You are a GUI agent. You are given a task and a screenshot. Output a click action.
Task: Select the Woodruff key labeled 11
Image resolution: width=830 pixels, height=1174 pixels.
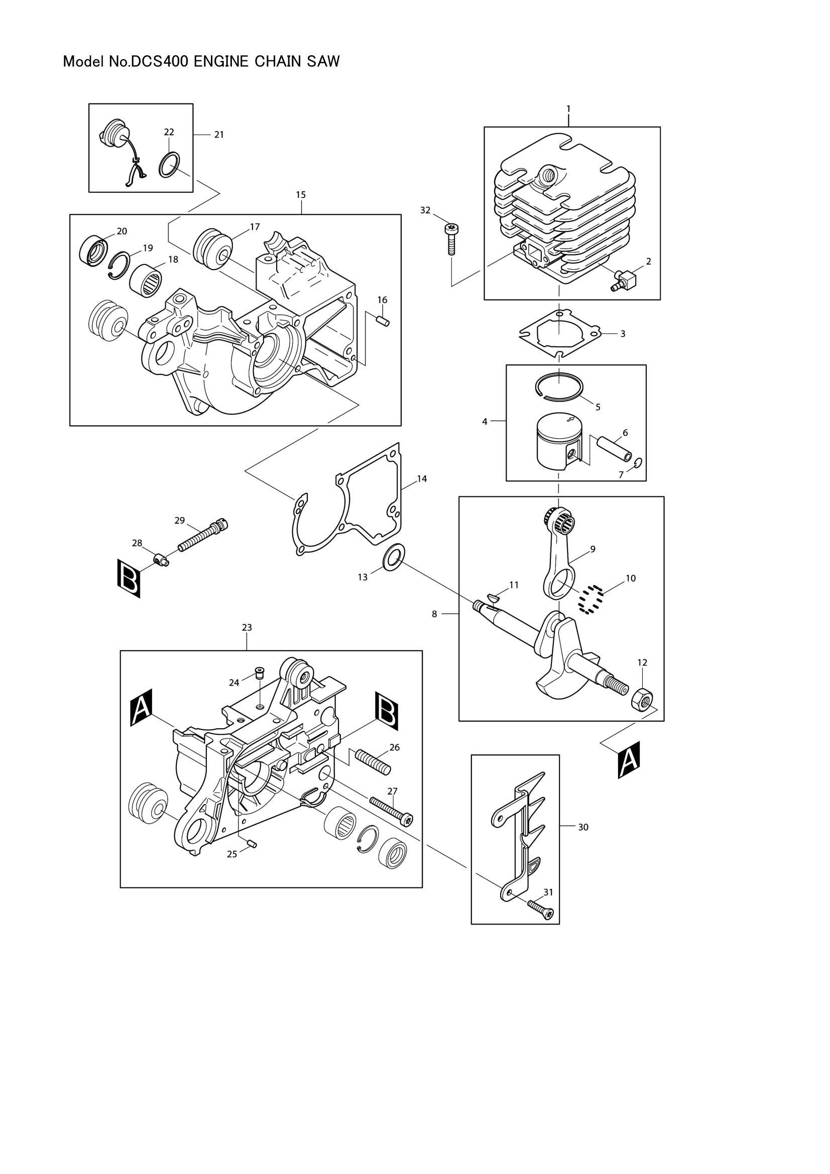495,596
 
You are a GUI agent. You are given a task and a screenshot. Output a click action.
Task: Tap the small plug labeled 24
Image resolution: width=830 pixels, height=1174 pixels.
259,672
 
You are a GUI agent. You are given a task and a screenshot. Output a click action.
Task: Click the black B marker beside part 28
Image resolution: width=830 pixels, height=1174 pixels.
129,578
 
